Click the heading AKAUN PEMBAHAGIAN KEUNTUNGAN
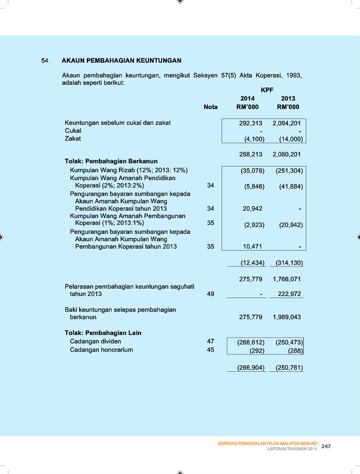click(x=122, y=61)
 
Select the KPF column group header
click(x=267, y=90)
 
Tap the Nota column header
click(x=211, y=107)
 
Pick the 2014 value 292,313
click(x=251, y=123)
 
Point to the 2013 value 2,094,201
click(x=287, y=123)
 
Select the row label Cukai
click(x=73, y=131)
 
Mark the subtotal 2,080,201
click(x=287, y=155)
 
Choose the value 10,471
click(x=253, y=246)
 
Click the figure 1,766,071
click(x=287, y=279)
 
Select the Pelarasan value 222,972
click(x=288, y=294)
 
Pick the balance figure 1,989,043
click(x=287, y=318)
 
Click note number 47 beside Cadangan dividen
click(x=211, y=341)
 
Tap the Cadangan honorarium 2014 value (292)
click(x=256, y=350)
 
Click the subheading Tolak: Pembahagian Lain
click(x=103, y=333)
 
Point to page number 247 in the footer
click(x=326, y=446)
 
